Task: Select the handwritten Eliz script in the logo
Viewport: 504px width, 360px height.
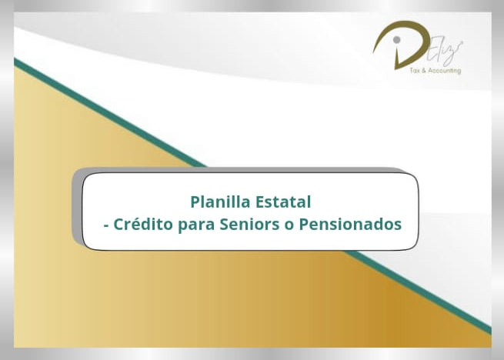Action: pos(446,55)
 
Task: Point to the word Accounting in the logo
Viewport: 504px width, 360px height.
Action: pos(446,70)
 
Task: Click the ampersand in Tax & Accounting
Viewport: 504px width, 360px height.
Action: pos(429,70)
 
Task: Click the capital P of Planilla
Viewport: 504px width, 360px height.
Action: pos(195,202)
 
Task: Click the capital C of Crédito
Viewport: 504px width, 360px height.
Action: pos(118,225)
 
